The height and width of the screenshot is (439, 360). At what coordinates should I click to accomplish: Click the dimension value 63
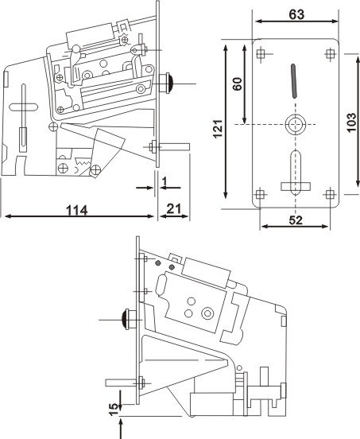coord(296,14)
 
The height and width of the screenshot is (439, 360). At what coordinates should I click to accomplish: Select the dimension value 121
coord(218,129)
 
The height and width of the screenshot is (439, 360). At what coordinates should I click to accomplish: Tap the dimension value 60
coord(238,84)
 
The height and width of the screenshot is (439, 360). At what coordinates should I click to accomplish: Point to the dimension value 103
coord(350,123)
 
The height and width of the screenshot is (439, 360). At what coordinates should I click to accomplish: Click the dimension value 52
coord(296,220)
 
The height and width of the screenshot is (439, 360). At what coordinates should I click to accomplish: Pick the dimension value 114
coord(77,210)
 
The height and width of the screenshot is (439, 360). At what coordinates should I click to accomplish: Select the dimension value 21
coord(174,209)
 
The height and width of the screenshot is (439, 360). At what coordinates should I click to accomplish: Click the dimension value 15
coord(114,410)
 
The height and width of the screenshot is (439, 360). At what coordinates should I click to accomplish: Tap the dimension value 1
coord(165,181)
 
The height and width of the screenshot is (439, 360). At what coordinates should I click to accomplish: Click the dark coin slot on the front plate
coord(293,81)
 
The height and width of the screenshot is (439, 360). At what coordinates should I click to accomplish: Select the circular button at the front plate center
coord(296,124)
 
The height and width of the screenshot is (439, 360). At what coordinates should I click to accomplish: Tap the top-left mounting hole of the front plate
coord(261,53)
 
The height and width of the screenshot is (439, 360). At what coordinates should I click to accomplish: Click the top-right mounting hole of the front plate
coord(331,53)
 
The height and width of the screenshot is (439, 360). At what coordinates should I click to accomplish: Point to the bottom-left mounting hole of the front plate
coord(260,194)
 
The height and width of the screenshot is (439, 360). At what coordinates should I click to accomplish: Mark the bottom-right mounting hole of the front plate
coord(331,194)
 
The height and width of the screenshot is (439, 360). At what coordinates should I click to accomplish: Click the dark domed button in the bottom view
coord(125,319)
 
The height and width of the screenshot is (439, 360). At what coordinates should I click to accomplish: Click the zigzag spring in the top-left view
coord(83,161)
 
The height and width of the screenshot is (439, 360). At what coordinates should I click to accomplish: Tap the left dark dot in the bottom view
coord(158,263)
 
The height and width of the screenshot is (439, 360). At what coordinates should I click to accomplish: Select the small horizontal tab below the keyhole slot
coord(296,186)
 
